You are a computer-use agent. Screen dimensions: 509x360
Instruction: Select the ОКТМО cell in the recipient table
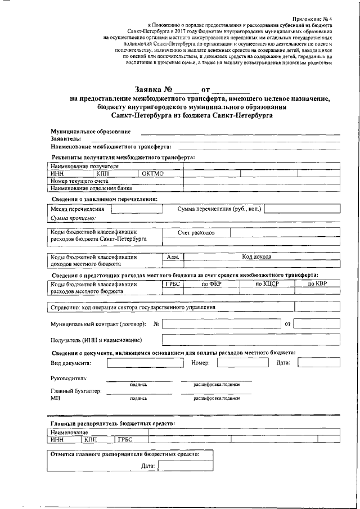point(152,174)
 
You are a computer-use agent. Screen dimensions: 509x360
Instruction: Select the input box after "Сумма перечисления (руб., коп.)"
point(302,209)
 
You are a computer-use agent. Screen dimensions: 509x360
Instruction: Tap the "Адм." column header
point(173,257)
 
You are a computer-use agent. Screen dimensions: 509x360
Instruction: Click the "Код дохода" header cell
point(256,257)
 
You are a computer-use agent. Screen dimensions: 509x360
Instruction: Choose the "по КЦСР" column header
point(267,284)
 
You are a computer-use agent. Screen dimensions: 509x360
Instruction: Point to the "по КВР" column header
point(318,284)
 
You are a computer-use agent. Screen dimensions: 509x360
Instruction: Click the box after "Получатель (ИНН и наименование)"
point(251,340)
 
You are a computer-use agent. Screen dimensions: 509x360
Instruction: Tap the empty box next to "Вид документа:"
point(141,363)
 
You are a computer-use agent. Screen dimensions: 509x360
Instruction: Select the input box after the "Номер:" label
point(235,363)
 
